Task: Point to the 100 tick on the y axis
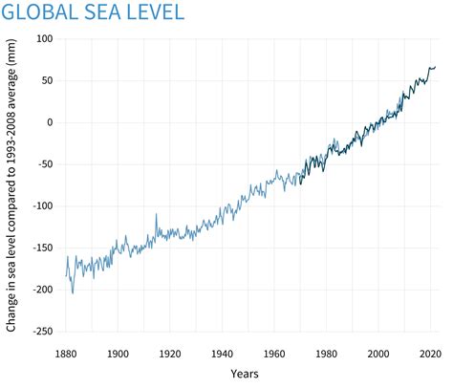pos(44,38)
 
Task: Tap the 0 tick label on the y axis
pos(50,122)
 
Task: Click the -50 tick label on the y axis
pos(45,164)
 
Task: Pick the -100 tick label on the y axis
pos(42,205)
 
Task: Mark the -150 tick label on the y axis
pos(42,248)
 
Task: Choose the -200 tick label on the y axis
pos(42,290)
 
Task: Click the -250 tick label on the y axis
pos(42,332)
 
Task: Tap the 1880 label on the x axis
pos(66,352)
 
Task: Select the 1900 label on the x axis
pos(119,352)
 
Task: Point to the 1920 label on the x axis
pos(170,352)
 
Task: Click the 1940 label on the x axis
pos(223,352)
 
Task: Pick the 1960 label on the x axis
pos(274,352)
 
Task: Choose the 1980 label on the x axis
pos(327,352)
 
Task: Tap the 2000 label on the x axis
pos(378,352)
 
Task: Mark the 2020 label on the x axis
pos(430,352)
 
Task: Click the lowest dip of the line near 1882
pos(73,292)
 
